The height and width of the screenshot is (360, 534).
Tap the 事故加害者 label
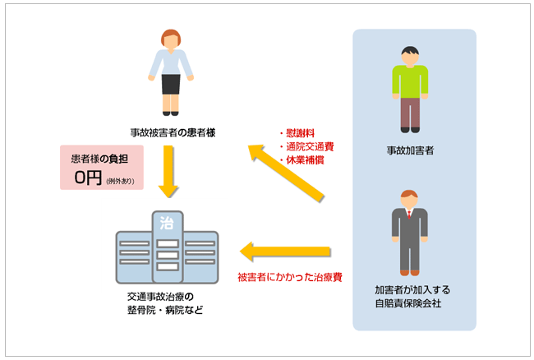410,151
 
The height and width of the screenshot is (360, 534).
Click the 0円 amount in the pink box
88,177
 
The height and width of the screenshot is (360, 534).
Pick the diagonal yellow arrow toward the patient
288,173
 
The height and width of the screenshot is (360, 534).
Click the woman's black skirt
171,83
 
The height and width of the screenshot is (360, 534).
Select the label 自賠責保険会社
408,303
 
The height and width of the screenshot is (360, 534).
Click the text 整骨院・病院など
159,310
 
